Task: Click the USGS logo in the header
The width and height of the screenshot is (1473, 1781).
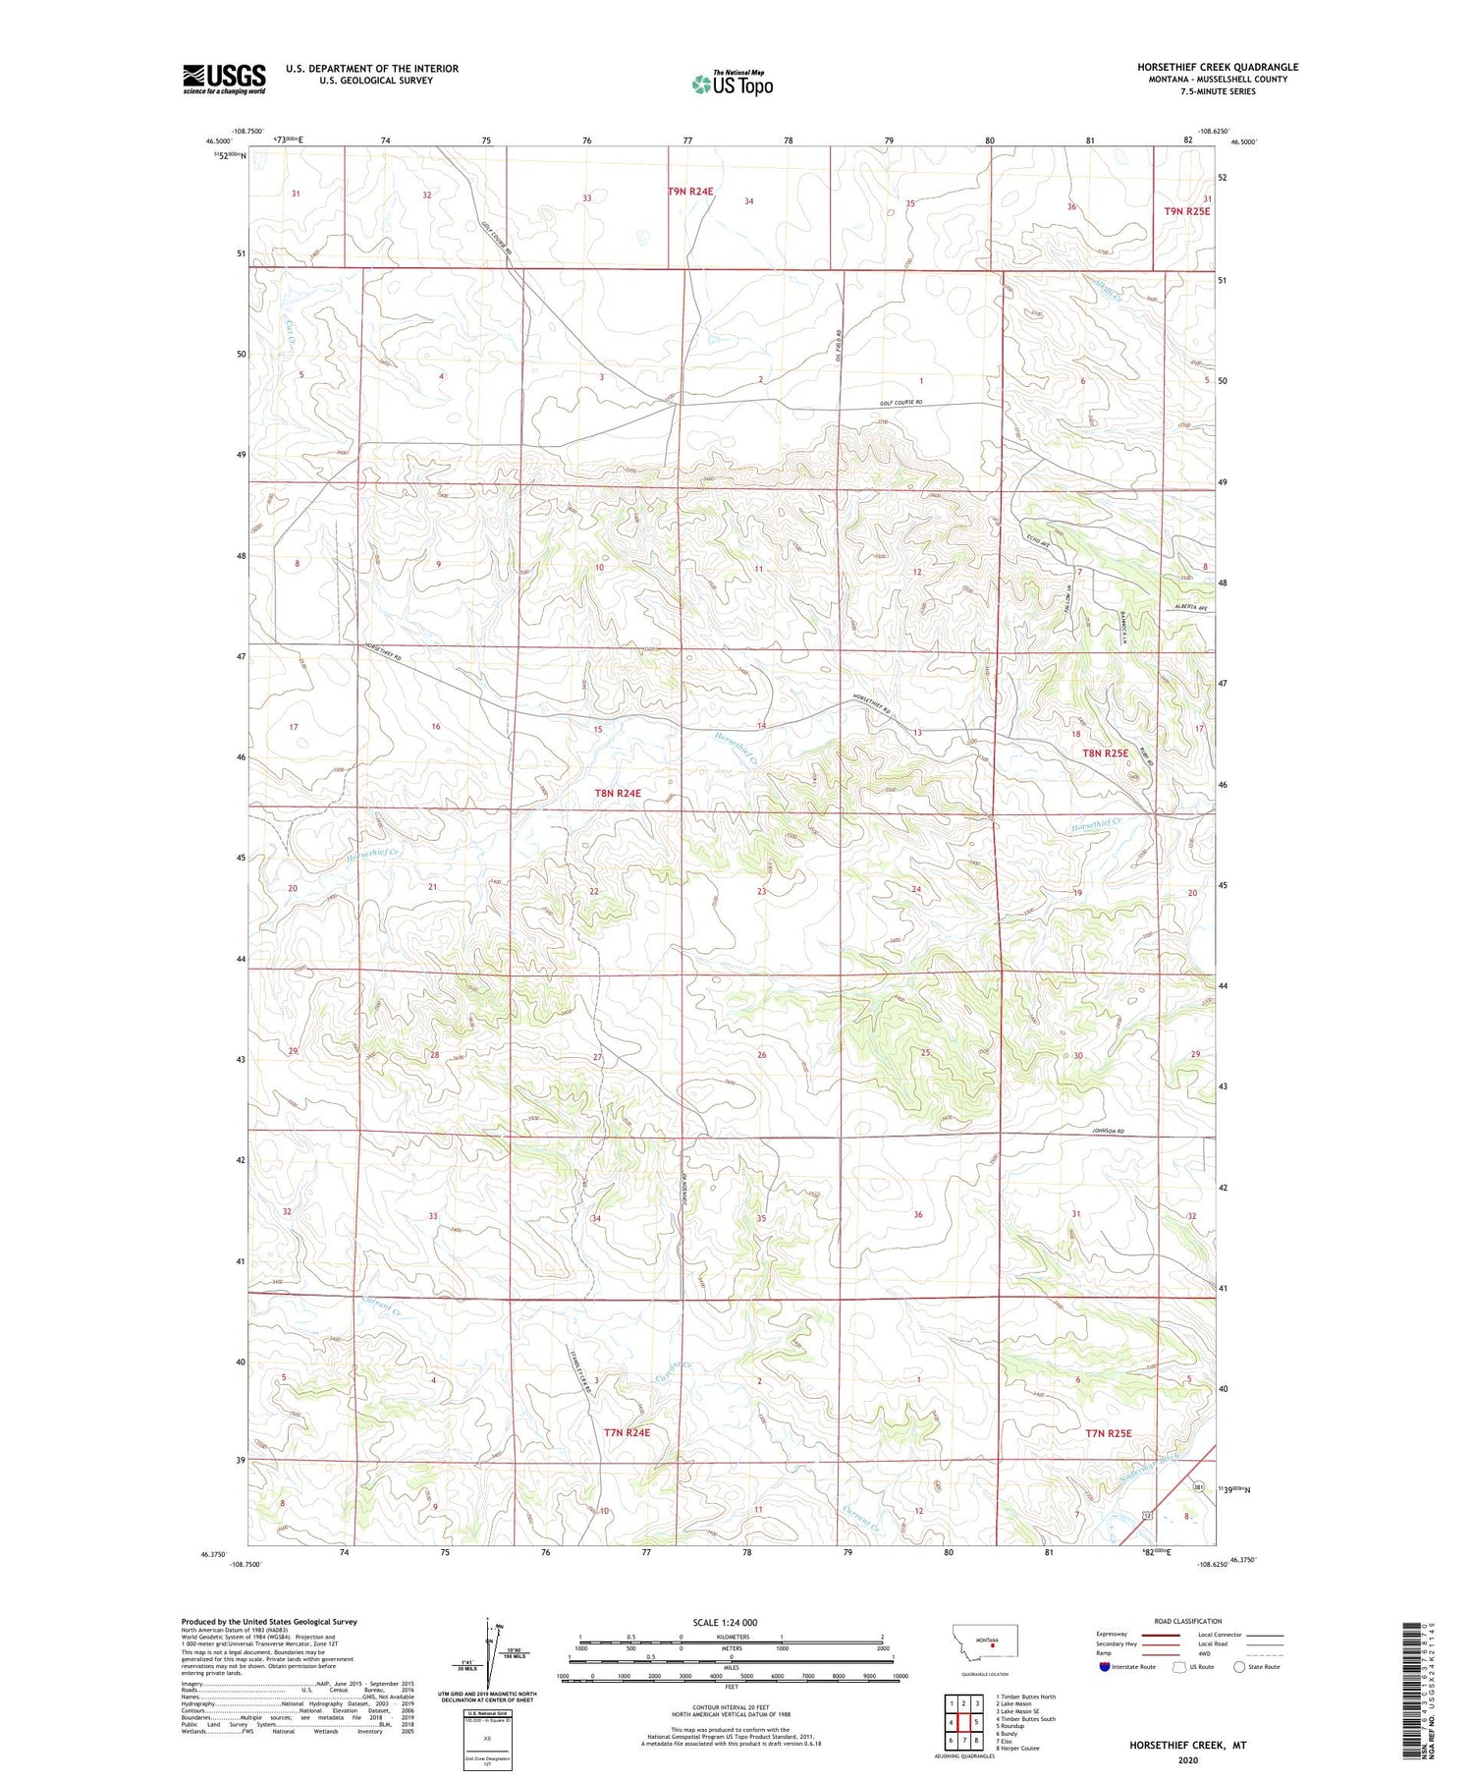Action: point(224,79)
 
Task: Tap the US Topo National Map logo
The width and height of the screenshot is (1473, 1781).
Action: point(732,83)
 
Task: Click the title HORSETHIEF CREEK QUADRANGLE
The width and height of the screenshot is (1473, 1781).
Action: point(1217,67)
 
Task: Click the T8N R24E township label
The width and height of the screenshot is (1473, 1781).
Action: point(617,793)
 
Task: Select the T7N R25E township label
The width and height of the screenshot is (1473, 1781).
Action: point(1108,1433)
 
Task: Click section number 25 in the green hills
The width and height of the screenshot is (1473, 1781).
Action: point(925,1053)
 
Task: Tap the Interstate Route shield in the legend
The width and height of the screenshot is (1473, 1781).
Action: point(1105,1666)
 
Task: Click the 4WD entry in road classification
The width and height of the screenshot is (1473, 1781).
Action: point(1206,1655)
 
